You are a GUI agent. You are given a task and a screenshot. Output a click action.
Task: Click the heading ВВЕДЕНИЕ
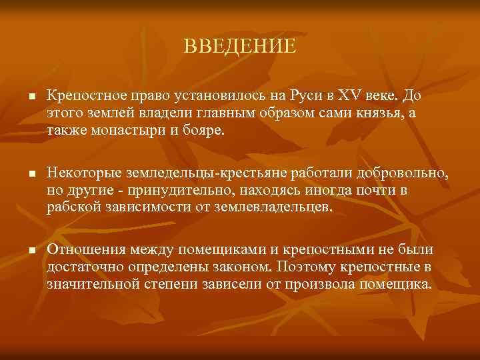tap(239, 46)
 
